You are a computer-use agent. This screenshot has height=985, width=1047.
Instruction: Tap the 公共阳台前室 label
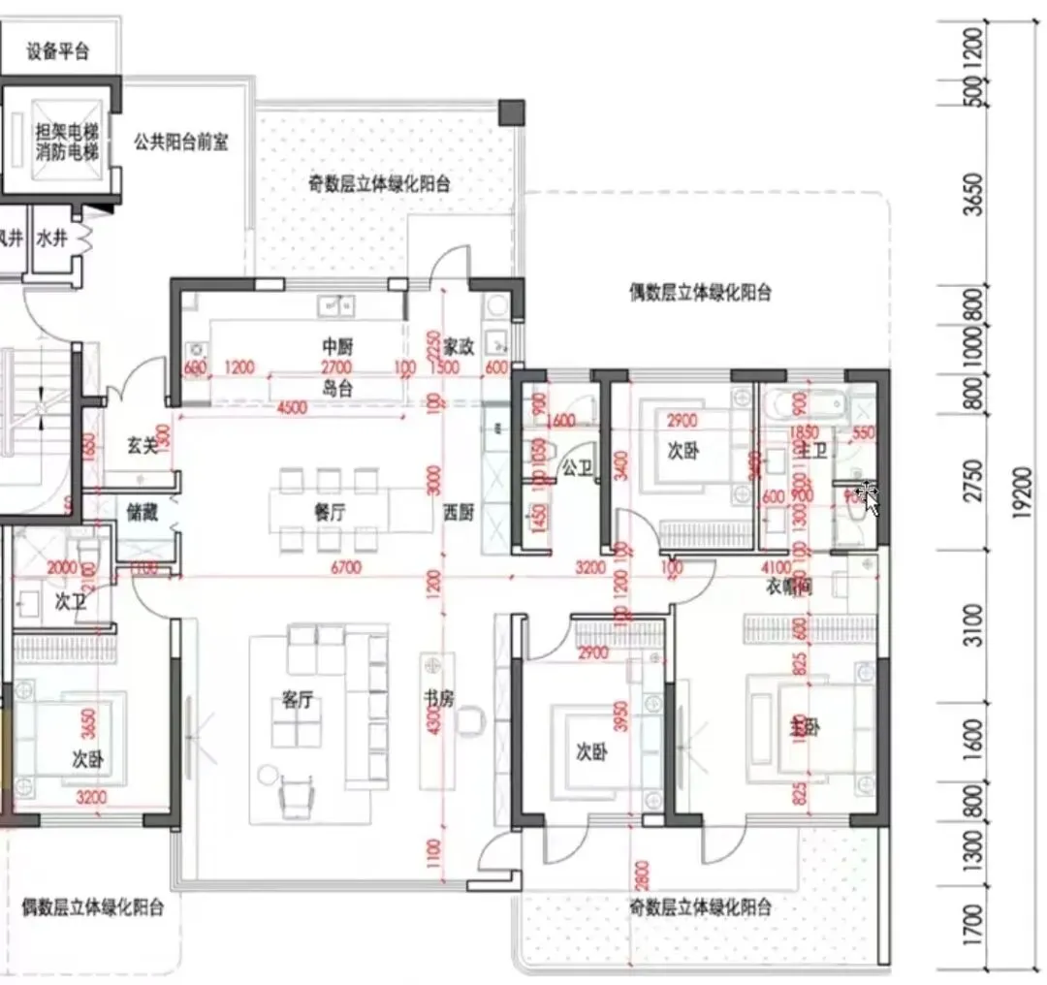tap(181, 143)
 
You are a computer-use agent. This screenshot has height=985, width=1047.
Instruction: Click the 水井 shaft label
tap(51, 237)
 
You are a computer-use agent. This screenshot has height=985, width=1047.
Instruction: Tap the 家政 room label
tap(459, 346)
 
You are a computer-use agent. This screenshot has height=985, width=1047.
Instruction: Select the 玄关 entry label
tap(143, 445)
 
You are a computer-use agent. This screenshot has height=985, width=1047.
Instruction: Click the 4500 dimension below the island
tap(293, 407)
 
